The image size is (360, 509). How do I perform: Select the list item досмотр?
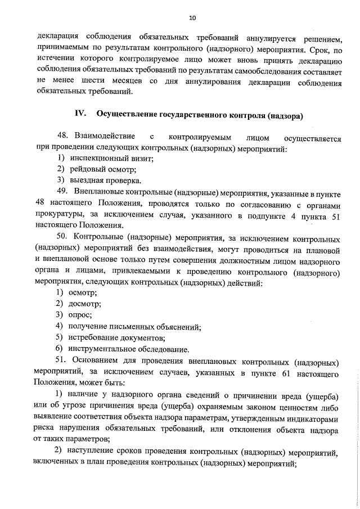(x=85, y=304)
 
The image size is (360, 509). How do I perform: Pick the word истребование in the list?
(x=97, y=337)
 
